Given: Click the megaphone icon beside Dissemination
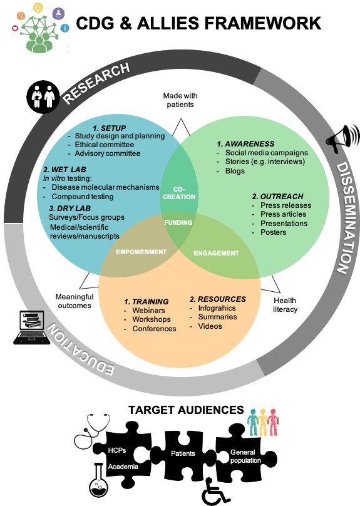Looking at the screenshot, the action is click(342, 139).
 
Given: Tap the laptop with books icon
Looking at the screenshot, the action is click(31, 328).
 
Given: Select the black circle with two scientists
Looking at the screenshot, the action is click(43, 97).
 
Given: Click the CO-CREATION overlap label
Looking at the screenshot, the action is click(179, 193).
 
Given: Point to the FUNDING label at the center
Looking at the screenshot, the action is click(178, 222).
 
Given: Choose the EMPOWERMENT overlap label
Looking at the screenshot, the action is click(141, 252).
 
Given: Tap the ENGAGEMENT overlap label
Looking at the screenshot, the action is click(216, 254).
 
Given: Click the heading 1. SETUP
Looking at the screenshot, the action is click(110, 128).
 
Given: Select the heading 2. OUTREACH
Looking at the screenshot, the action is click(278, 196).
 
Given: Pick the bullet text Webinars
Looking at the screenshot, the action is click(149, 311).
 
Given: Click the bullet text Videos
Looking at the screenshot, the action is click(210, 326).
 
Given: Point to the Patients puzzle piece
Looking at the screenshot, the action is click(183, 453).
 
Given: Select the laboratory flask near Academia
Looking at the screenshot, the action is click(99, 480).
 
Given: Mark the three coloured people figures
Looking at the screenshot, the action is click(263, 422).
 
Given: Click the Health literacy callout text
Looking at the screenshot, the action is click(285, 304).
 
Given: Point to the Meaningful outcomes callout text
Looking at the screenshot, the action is click(75, 301).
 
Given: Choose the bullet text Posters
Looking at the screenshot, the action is click(273, 232).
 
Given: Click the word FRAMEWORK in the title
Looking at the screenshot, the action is click(263, 23).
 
